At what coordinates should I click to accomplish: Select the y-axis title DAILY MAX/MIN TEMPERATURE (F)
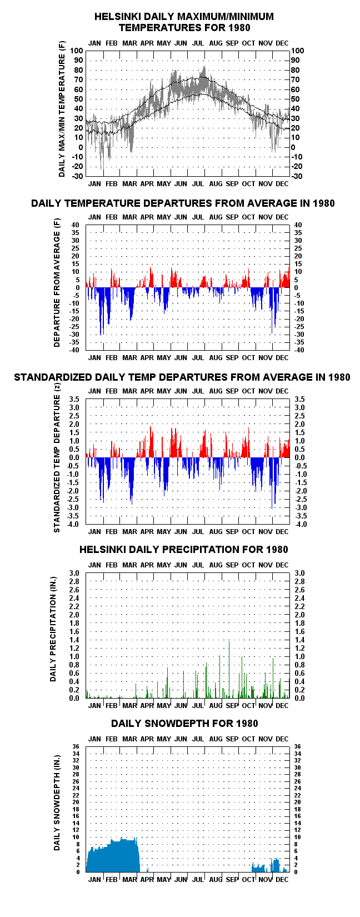[62, 109]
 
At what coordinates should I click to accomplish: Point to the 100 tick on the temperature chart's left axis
[77, 51]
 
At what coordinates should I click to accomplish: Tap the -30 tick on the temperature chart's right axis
[297, 176]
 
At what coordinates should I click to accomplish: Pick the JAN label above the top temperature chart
[94, 43]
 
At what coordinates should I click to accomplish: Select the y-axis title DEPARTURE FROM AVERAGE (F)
[57, 283]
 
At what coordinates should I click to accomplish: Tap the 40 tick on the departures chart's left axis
[75, 225]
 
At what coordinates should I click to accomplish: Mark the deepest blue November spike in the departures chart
[272, 332]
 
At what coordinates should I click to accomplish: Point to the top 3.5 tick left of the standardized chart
[74, 399]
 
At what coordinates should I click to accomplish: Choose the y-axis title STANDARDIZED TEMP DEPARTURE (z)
[57, 457]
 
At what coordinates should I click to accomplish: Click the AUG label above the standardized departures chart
[216, 391]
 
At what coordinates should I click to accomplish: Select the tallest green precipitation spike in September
[229, 642]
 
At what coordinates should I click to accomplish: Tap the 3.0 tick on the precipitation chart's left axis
[74, 573]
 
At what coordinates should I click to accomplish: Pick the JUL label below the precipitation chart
[198, 706]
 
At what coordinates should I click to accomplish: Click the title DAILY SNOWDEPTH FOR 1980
[184, 724]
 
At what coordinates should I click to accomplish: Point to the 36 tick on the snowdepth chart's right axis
[297, 747]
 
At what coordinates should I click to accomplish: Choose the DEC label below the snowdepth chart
[282, 880]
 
